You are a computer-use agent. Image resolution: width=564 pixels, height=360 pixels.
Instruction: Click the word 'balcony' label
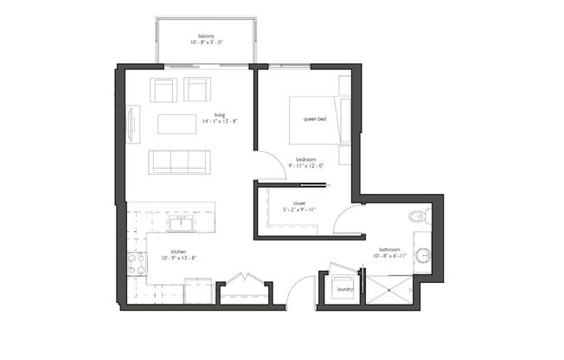[206, 35]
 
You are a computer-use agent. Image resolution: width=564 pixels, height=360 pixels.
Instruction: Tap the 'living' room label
[221, 114]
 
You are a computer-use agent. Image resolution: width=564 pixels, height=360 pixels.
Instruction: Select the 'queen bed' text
[314, 119]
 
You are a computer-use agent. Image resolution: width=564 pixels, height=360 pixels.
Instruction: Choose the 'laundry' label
[343, 289]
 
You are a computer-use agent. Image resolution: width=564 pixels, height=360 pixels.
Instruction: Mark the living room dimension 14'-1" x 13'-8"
[220, 121]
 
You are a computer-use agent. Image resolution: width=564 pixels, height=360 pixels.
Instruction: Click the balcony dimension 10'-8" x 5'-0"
[206, 42]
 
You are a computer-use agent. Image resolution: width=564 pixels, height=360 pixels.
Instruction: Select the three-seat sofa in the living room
[178, 161]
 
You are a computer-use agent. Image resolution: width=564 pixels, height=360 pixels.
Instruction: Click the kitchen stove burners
[135, 263]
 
